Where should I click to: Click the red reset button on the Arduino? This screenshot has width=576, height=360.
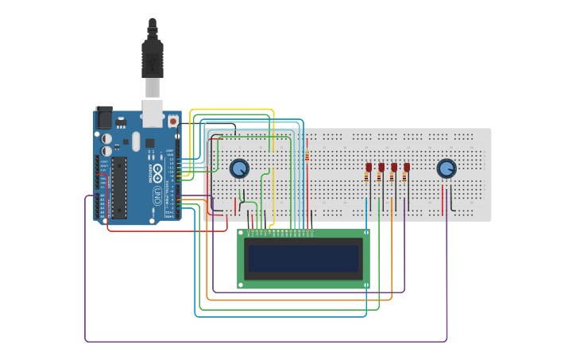point(172,122)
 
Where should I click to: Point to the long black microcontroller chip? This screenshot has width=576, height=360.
point(119,188)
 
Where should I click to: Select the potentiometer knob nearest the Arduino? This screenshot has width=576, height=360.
point(239,168)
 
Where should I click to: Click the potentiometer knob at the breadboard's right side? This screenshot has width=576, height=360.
point(446,168)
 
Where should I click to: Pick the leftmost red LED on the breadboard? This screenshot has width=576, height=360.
point(369,167)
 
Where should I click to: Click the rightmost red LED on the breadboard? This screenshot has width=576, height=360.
point(407,167)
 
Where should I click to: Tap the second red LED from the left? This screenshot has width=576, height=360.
point(381,167)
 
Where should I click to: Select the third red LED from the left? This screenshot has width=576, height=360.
point(394,167)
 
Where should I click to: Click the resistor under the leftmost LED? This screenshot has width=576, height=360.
point(366,179)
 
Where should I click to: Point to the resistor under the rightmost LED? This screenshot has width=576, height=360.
point(404,179)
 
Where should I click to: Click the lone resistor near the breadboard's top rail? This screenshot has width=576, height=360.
point(307,156)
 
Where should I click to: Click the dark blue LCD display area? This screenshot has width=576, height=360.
point(303,259)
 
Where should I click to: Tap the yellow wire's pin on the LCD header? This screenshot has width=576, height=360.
point(273,232)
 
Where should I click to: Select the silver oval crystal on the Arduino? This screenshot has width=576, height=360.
point(136,141)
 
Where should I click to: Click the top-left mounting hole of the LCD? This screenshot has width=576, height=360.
point(242,233)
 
